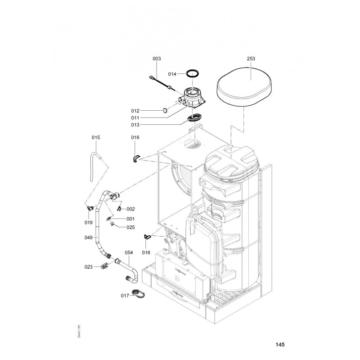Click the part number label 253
tap(251, 59)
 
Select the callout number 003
tap(157, 59)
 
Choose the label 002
tap(130, 209)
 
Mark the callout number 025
tap(130, 227)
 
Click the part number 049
tap(89, 237)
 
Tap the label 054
tap(129, 253)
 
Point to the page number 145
tap(279, 345)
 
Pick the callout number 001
tap(130, 219)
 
